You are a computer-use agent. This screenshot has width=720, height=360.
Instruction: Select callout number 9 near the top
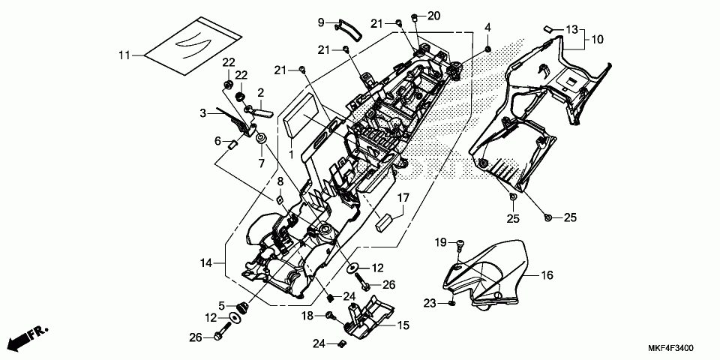(320, 22)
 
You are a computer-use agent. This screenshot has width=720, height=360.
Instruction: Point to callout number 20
(434, 16)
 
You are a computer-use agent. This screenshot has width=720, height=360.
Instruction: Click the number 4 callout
(487, 28)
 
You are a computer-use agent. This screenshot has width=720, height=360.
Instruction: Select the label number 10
(598, 38)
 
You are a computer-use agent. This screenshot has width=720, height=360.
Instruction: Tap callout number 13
(572, 29)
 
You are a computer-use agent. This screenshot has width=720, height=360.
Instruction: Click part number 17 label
(403, 198)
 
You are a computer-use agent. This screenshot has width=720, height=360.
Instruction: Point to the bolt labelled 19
(460, 243)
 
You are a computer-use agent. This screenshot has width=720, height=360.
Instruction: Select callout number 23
(429, 303)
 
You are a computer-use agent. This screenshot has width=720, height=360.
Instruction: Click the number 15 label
(403, 325)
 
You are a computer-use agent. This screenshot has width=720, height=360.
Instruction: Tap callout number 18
(307, 317)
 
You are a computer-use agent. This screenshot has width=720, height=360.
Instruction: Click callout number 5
(221, 305)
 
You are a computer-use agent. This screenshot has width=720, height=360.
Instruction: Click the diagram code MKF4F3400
(670, 349)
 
